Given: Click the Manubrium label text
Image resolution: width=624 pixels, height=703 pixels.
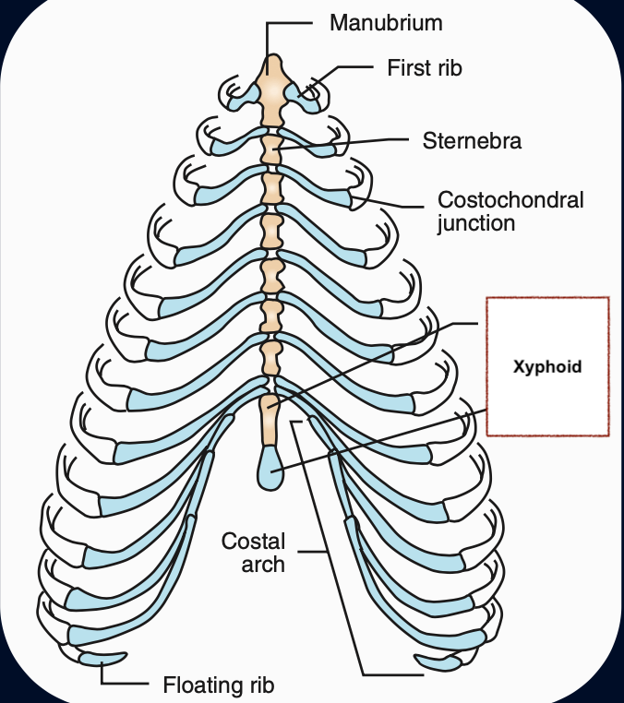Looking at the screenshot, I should point(386,23).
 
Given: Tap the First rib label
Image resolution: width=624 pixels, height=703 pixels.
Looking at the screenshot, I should point(425,68).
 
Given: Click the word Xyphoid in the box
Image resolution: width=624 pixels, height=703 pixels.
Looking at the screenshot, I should point(547,366).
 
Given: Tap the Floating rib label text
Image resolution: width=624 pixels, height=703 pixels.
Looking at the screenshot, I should point(219,685).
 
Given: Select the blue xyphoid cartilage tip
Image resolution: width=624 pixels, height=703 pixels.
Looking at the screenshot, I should point(270,469).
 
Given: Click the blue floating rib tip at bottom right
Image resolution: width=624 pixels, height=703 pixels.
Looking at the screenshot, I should point(438,661).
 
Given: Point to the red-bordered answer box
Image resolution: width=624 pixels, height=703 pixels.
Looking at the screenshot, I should point(547,406).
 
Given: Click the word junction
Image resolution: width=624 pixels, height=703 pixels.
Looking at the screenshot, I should point(475,223).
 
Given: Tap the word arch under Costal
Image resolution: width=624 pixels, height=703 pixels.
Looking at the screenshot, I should point(263,565).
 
